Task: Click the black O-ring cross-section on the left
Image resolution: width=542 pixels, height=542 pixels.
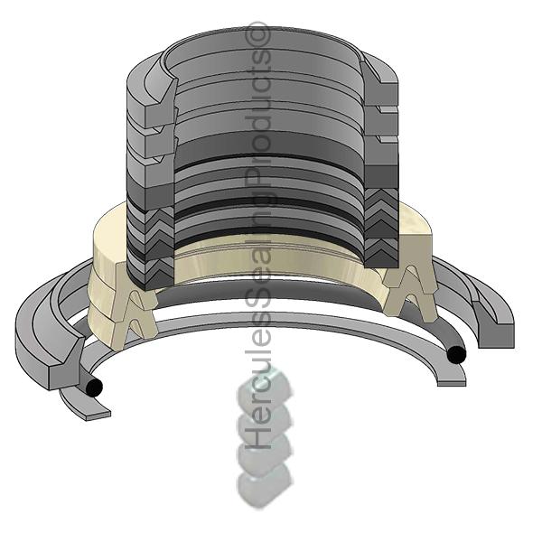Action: (x=94, y=388)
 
